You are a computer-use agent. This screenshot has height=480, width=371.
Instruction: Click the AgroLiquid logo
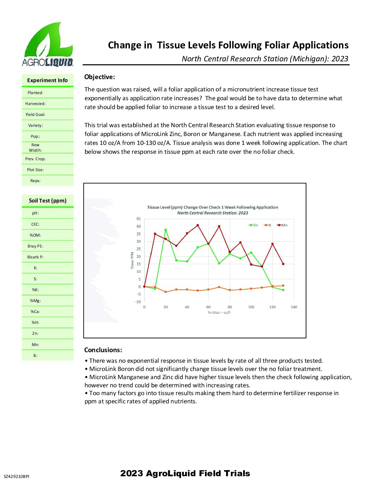click(47, 45)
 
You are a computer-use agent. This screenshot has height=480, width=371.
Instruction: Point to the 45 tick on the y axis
click(138, 219)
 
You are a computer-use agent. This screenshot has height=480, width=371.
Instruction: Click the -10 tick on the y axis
click(138, 302)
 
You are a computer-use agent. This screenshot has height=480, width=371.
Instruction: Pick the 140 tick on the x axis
click(294, 307)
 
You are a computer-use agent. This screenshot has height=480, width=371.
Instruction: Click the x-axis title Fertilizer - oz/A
click(219, 313)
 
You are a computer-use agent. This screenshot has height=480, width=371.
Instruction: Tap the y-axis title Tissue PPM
click(132, 260)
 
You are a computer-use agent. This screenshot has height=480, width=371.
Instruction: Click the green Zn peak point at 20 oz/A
click(166, 230)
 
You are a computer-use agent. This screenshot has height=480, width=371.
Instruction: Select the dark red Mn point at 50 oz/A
click(198, 225)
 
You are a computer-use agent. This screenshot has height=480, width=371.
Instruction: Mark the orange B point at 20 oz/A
click(166, 292)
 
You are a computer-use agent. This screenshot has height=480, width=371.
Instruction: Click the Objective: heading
click(100, 77)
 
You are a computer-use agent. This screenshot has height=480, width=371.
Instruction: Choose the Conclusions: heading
click(103, 350)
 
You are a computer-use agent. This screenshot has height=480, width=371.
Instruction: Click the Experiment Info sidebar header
click(47, 80)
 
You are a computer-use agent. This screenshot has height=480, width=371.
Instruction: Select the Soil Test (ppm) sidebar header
click(47, 201)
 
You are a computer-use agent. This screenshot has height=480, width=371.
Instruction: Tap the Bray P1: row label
click(35, 246)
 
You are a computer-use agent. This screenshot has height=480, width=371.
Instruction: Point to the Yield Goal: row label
click(35, 115)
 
